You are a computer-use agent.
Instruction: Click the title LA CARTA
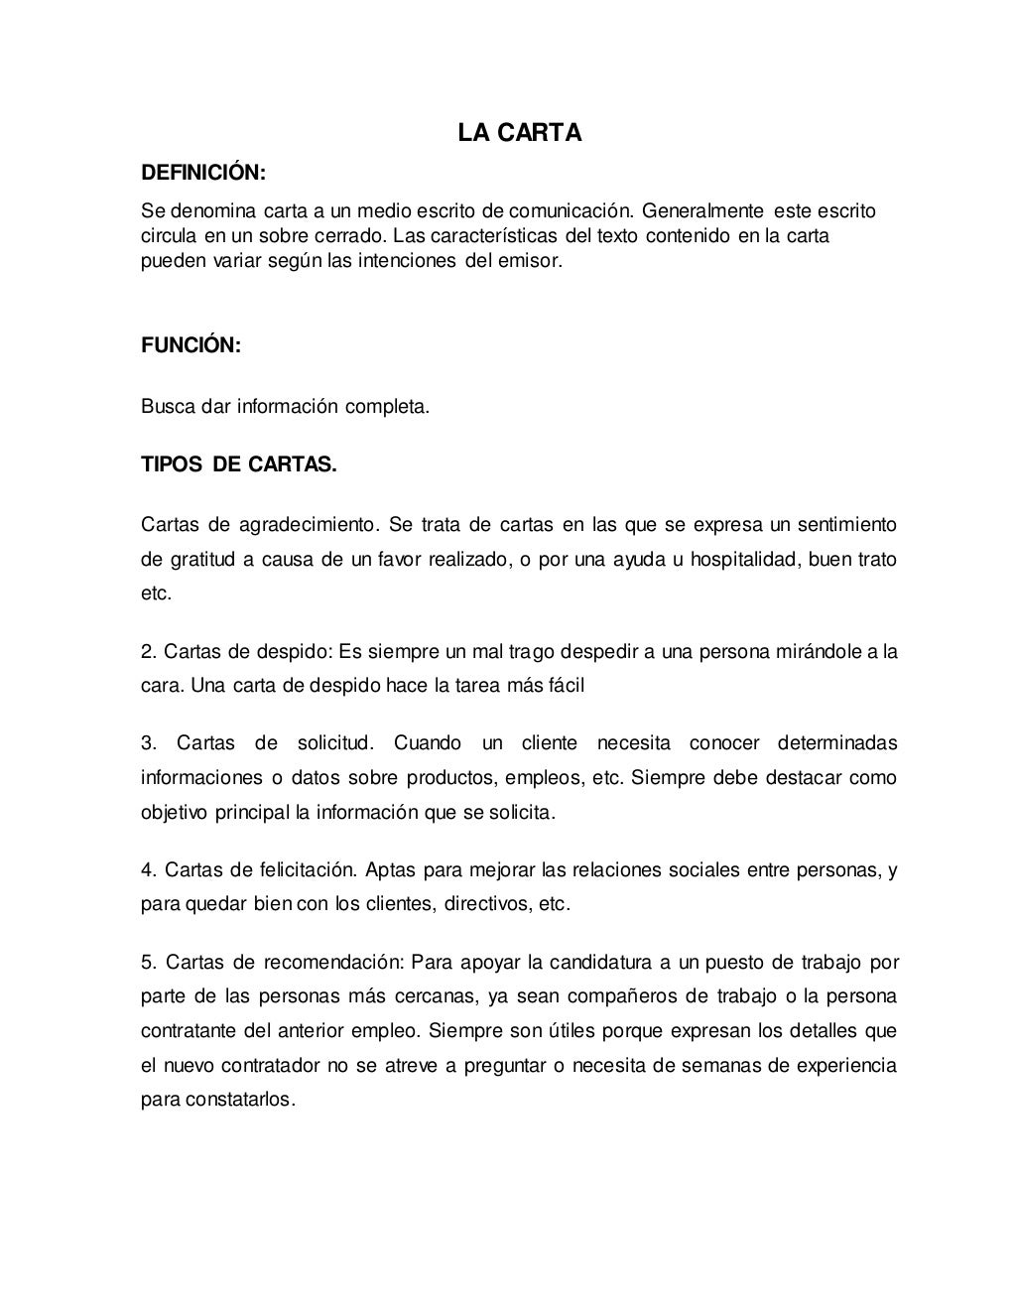pyautogui.click(x=519, y=133)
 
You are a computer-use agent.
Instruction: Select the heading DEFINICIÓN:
pyautogui.click(x=203, y=173)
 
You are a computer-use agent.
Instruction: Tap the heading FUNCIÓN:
pyautogui.click(x=190, y=345)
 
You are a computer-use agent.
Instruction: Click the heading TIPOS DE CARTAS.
pyautogui.click(x=239, y=464)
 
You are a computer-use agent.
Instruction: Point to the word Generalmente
pyautogui.click(x=702, y=210)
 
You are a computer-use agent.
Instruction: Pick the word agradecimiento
pyautogui.click(x=309, y=524)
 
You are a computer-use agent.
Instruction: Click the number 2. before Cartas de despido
pyautogui.click(x=150, y=652)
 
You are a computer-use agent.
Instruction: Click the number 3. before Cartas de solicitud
pyautogui.click(x=149, y=743)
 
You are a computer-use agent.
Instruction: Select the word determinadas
pyautogui.click(x=837, y=743)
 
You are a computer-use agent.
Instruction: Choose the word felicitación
pyautogui.click(x=307, y=870)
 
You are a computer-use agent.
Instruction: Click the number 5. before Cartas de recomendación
pyautogui.click(x=149, y=962)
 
